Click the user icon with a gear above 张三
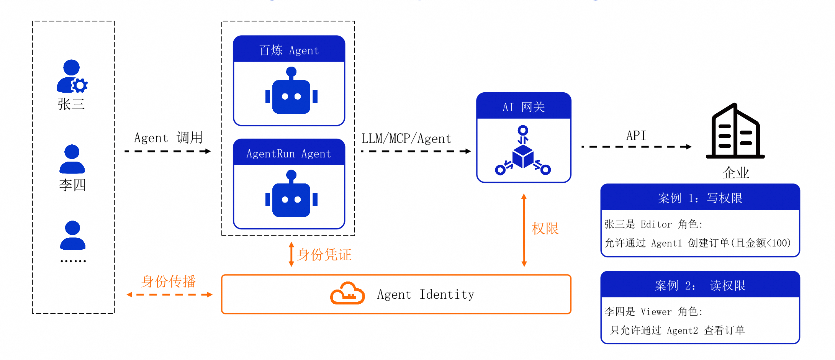72,76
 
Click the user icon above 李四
72,159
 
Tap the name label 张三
71,104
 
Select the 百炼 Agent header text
289,50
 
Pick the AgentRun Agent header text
288,154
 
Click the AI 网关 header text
524,107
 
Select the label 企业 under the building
736,173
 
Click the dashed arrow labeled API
637,147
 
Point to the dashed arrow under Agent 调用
168,151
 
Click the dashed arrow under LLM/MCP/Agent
416,151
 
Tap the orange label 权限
545,229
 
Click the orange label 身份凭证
324,255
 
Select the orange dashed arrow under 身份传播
170,295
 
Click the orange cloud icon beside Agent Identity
347,293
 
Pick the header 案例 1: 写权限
700,198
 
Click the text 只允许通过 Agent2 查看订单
678,330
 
